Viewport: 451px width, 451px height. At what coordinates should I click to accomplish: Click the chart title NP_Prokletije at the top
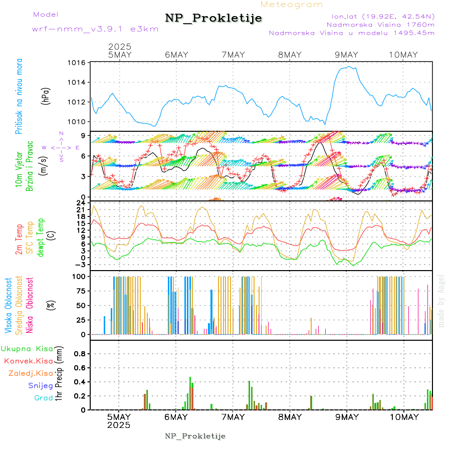pyautogui.click(x=213, y=19)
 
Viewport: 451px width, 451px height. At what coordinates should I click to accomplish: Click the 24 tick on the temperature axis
pyautogui.click(x=81, y=202)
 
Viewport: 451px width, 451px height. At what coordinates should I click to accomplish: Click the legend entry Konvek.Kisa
pyautogui.click(x=28, y=361)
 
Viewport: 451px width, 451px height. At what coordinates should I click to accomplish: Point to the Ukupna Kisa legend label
pyautogui.click(x=27, y=348)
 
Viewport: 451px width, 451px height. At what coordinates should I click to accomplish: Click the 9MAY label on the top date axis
pyautogui.click(x=346, y=55)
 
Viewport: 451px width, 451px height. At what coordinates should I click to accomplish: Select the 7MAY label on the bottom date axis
pyautogui.click(x=233, y=417)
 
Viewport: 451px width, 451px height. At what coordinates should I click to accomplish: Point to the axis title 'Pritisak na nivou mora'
pyautogui.click(x=19, y=96)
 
